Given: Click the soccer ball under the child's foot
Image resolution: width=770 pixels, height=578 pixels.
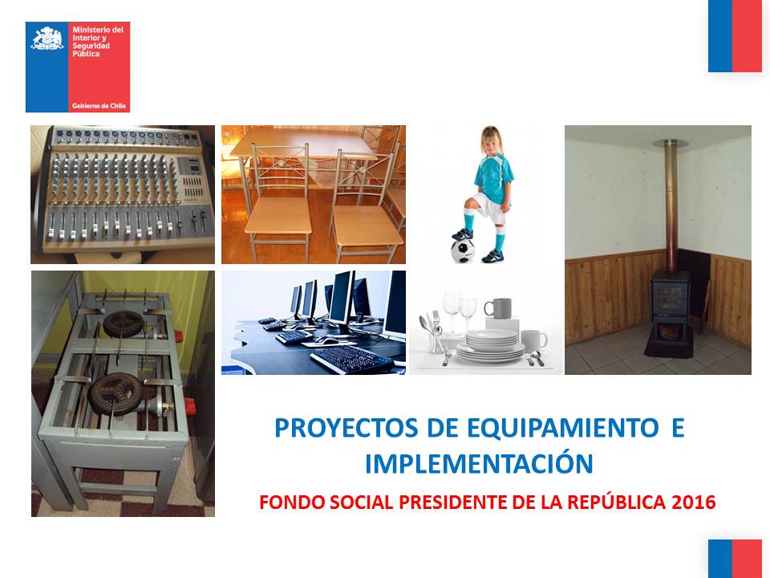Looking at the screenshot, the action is pyautogui.click(x=463, y=250).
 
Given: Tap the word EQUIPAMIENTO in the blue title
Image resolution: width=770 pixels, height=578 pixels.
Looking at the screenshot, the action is pyautogui.click(x=563, y=428).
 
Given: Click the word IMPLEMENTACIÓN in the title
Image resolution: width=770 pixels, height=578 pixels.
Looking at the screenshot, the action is pyautogui.click(x=480, y=463).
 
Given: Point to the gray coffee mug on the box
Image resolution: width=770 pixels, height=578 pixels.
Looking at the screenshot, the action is pyautogui.click(x=498, y=308).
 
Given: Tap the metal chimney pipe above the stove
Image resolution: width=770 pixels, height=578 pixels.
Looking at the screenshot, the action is pyautogui.click(x=670, y=206).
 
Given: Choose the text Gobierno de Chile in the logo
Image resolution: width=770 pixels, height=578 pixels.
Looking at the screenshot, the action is pyautogui.click(x=99, y=106).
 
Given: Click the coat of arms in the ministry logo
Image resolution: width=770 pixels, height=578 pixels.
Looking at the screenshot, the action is pyautogui.click(x=47, y=39).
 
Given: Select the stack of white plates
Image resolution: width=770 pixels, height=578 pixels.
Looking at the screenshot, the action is pyautogui.click(x=491, y=346).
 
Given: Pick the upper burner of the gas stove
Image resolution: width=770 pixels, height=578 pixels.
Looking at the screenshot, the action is pyautogui.click(x=124, y=324).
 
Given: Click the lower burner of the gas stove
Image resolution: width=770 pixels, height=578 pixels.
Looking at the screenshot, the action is pyautogui.click(x=115, y=391).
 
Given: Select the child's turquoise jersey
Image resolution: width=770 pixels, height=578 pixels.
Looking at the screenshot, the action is pyautogui.click(x=493, y=178).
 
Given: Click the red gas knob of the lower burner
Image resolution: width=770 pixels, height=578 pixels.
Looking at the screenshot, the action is pyautogui.click(x=189, y=405).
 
